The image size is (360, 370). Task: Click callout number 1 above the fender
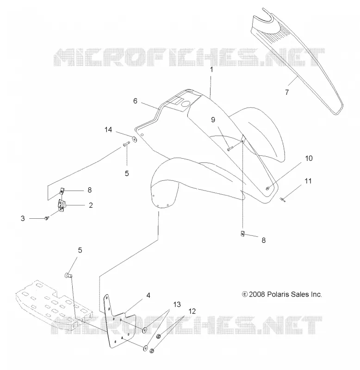click(211, 70)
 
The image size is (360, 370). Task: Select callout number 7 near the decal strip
click(287, 92)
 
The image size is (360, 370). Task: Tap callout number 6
click(135, 101)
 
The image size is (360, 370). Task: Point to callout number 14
click(108, 129)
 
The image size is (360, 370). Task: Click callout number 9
click(213, 120)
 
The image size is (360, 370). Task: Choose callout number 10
click(309, 158)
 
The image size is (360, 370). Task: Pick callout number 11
click(308, 181)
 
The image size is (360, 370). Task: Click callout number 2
click(91, 205)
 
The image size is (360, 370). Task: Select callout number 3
click(23, 218)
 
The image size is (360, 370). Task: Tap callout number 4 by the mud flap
click(148, 296)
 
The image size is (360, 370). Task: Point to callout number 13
click(177, 304)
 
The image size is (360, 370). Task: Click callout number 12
click(192, 311)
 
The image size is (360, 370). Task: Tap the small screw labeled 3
click(46, 218)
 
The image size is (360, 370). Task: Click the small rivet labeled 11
click(283, 200)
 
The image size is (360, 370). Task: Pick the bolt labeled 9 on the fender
click(230, 148)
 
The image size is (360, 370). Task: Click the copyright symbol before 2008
click(245, 295)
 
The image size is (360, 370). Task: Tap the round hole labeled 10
click(268, 188)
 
